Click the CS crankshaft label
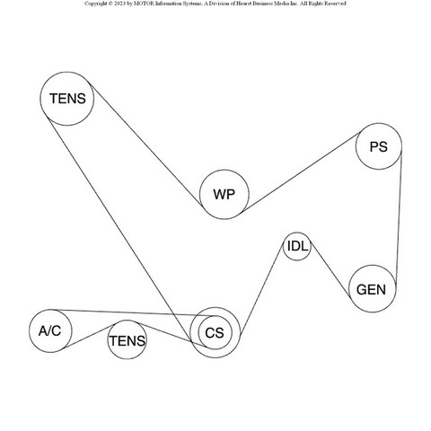[x=215, y=333]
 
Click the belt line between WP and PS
[x=301, y=172]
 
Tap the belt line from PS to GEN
[x=399, y=217]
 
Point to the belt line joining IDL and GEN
[x=330, y=271]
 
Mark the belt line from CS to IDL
[x=262, y=290]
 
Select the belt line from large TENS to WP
[x=146, y=145]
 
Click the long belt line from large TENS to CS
[x=119, y=229]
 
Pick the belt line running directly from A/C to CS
[x=132, y=312]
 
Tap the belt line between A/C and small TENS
[x=88, y=336]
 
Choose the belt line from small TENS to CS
[x=172, y=335]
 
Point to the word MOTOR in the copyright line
[x=144, y=4]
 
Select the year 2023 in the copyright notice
[x=119, y=4]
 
